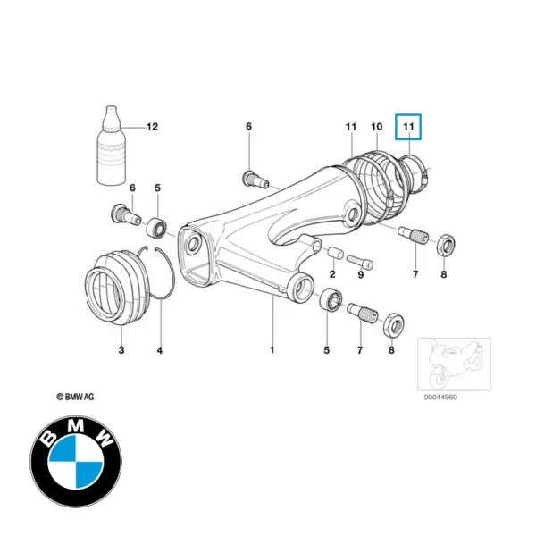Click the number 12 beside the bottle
click(x=151, y=128)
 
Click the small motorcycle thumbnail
click(x=452, y=362)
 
